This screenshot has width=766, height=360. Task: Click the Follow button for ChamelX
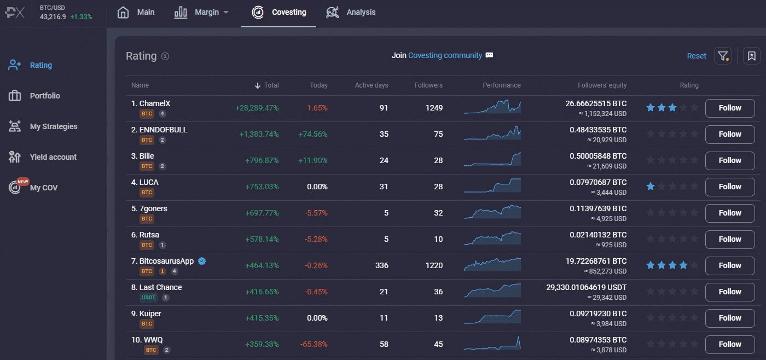click(729, 108)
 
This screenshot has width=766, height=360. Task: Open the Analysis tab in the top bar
click(351, 12)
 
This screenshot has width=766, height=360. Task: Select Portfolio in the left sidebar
click(45, 96)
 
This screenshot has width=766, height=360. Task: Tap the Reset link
click(697, 56)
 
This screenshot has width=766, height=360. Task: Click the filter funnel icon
click(723, 56)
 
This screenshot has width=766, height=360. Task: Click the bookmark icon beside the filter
click(751, 56)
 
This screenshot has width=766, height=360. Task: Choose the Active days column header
click(371, 85)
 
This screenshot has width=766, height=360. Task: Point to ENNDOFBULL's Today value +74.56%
click(313, 134)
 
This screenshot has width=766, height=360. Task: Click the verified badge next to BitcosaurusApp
click(202, 261)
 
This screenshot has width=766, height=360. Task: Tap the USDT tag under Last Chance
click(148, 298)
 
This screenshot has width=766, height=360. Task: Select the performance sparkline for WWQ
click(492, 344)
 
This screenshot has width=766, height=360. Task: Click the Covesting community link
click(445, 55)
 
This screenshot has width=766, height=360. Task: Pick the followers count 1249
click(434, 108)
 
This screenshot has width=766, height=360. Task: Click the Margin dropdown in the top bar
click(202, 12)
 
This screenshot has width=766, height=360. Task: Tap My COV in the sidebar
click(43, 188)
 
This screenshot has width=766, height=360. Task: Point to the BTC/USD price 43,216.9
click(53, 17)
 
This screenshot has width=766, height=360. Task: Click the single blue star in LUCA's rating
click(651, 187)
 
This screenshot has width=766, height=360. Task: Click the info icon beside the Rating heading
click(165, 56)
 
